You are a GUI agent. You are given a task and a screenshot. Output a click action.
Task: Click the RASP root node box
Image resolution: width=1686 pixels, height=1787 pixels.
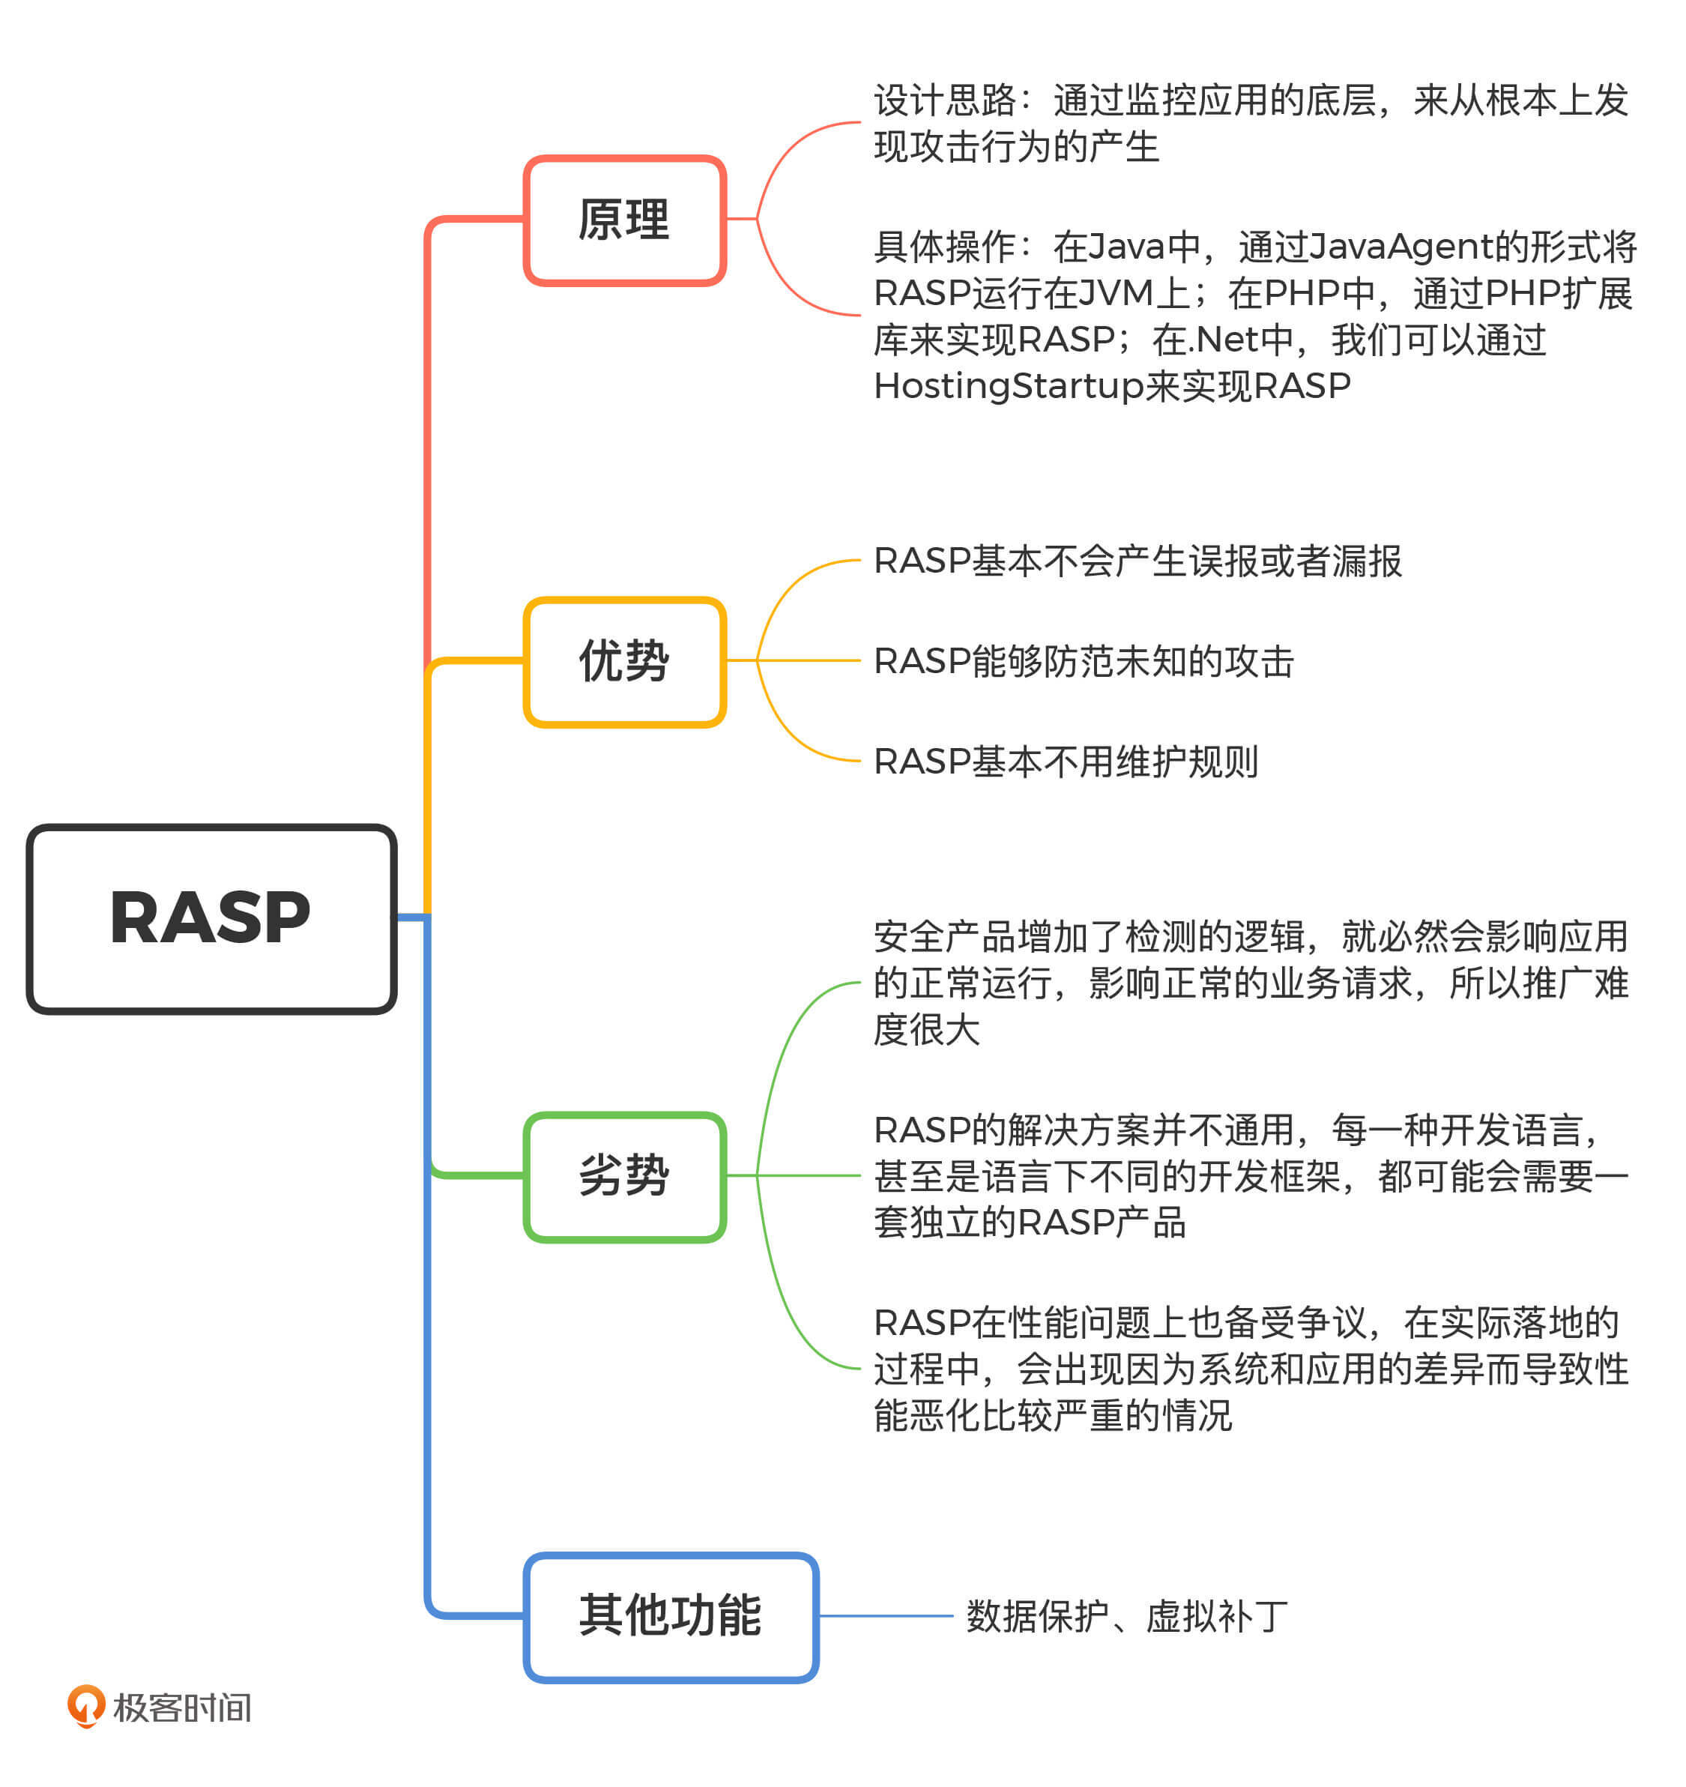[x=211, y=919]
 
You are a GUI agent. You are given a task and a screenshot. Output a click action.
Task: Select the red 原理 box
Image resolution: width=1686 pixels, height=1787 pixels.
[x=625, y=220]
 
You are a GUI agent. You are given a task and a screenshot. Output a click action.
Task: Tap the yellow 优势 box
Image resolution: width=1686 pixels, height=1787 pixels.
[x=625, y=662]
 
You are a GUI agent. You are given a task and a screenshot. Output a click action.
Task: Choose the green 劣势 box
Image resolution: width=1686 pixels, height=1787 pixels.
[x=625, y=1177]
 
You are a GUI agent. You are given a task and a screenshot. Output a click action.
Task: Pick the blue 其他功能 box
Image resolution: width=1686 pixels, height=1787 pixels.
[x=671, y=1617]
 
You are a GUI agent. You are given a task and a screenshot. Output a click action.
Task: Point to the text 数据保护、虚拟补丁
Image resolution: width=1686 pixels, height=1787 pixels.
[x=1127, y=1617]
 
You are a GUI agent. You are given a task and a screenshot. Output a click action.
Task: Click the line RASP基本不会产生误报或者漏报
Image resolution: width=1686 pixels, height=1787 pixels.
[x=1137, y=561]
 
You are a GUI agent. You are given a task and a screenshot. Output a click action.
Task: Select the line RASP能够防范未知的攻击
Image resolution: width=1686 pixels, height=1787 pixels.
[x=1083, y=662]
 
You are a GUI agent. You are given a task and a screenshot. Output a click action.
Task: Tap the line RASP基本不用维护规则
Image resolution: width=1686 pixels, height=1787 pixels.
[x=1065, y=762]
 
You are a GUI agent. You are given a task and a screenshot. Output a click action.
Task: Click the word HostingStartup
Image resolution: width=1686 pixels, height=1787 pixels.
[x=1009, y=387]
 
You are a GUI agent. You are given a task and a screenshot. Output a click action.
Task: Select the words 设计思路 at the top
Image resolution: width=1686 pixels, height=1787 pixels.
[x=943, y=100]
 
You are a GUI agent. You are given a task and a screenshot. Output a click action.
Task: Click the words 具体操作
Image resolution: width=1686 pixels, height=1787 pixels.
[x=943, y=247]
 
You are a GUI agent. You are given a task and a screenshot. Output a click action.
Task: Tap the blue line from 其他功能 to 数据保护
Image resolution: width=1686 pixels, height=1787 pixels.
[x=885, y=1616]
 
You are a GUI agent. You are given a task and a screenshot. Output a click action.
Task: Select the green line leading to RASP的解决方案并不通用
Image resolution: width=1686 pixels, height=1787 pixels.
[x=809, y=1176]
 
